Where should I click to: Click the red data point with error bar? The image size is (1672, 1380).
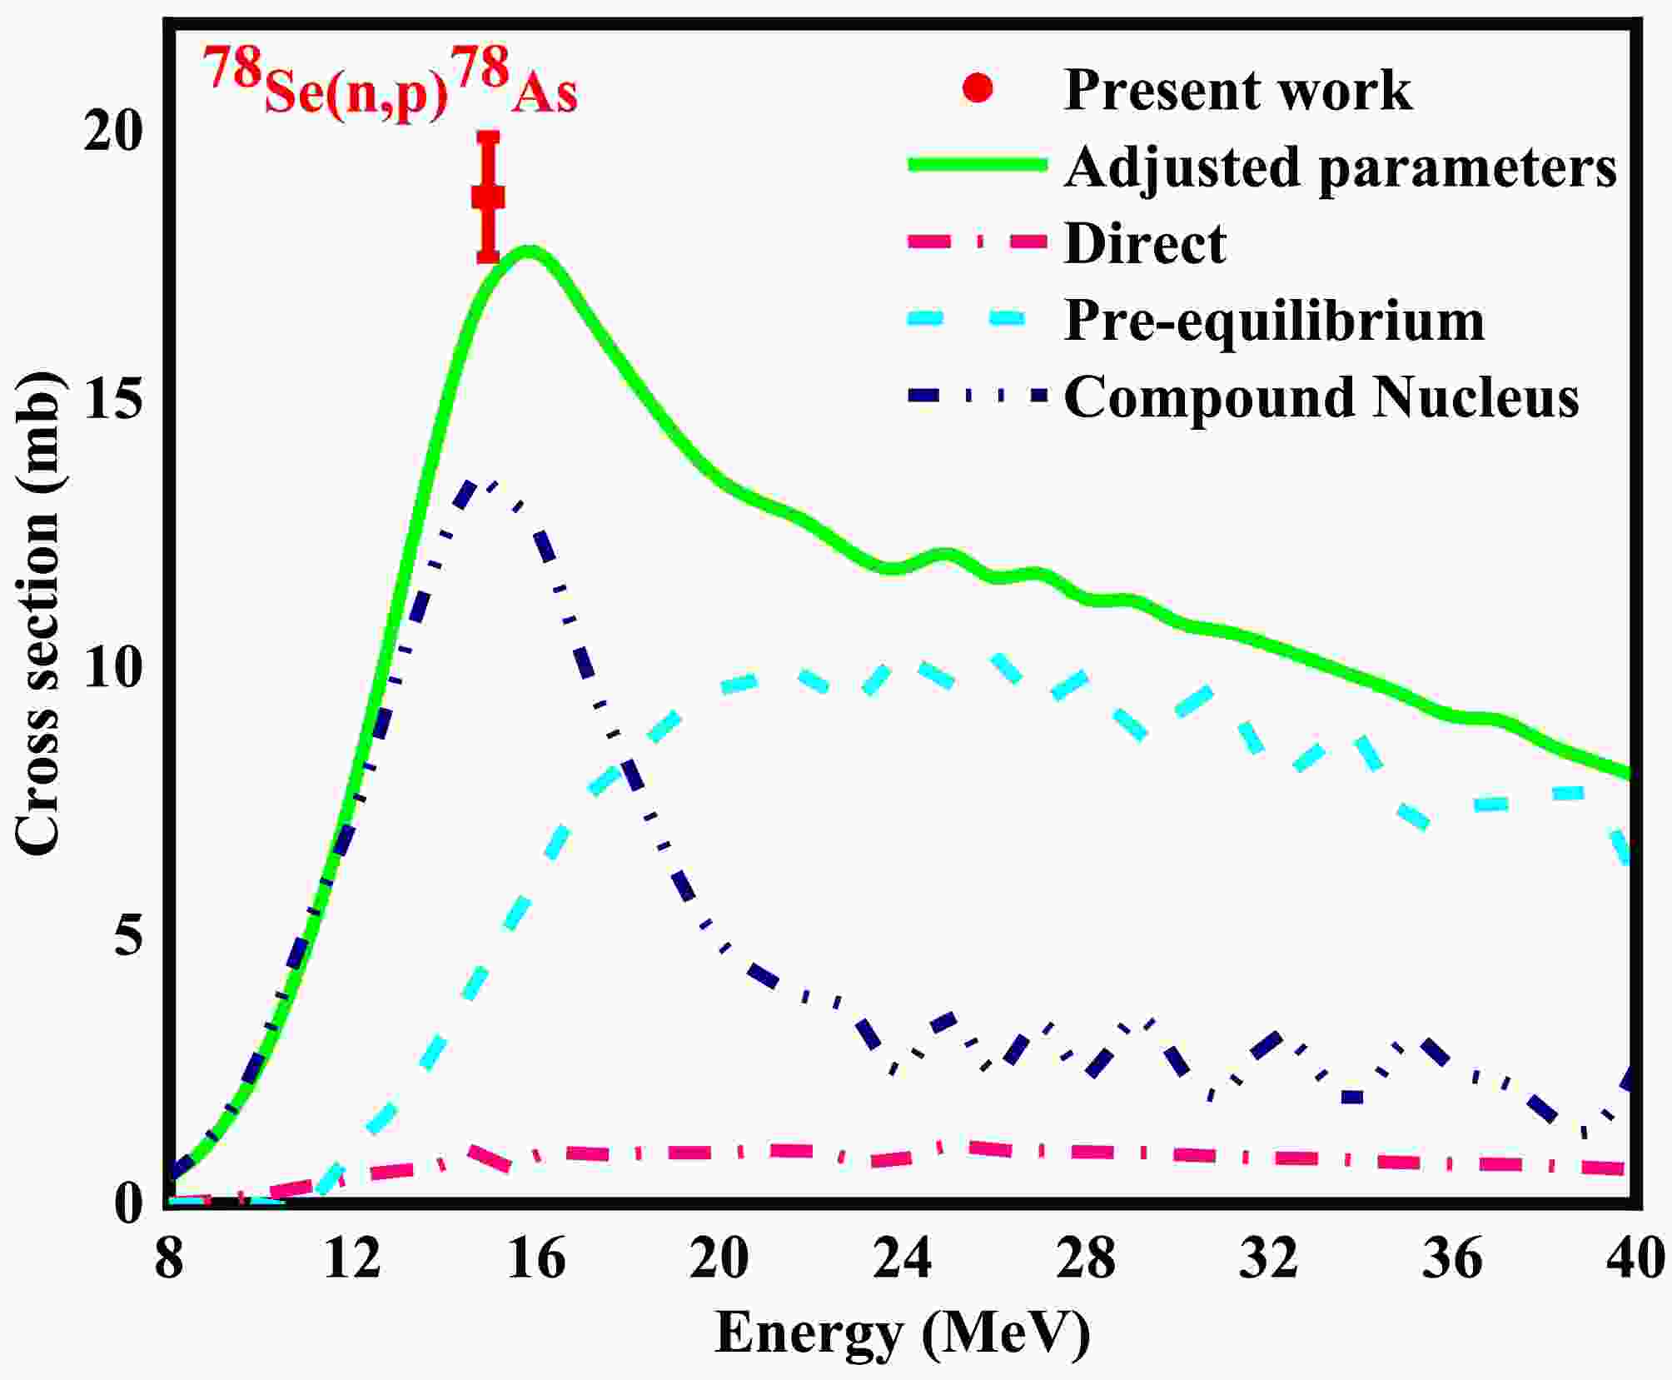tap(488, 197)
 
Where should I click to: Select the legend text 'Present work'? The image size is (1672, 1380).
tap(1237, 89)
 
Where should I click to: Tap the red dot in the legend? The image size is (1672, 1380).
tap(978, 88)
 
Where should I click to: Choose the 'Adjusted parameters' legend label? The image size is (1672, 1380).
tap(1341, 167)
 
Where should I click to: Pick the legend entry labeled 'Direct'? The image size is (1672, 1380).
tap(1145, 243)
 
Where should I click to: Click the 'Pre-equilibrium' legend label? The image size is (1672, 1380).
tap(1274, 321)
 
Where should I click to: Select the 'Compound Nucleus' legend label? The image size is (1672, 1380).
tap(1321, 397)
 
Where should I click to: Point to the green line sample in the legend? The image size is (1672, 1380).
tap(976, 166)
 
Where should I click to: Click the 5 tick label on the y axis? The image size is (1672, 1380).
tap(129, 936)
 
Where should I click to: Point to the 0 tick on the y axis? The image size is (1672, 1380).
tap(129, 1203)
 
